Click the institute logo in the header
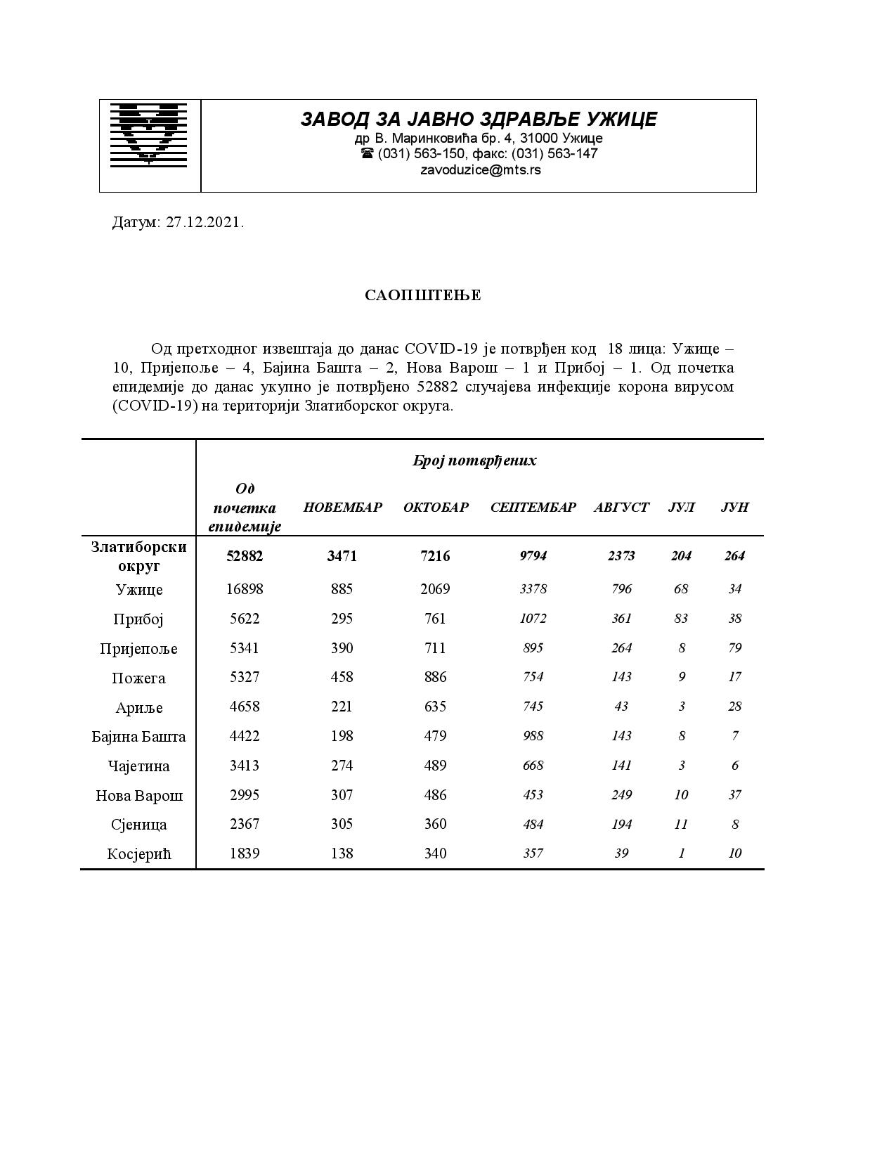coord(149,134)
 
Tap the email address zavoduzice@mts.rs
coord(480,170)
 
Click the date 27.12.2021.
coord(204,223)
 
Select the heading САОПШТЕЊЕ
coord(422,295)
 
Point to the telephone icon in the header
coord(367,153)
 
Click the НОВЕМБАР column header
coord(342,508)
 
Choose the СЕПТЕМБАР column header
coord(533,508)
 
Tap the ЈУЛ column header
coord(681,508)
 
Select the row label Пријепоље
coord(139,649)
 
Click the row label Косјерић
coord(139,854)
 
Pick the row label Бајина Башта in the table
coord(139,737)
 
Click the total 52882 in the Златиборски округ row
coord(245,556)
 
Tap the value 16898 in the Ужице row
coord(245,589)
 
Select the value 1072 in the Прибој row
coord(533,619)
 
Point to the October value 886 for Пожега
coord(436,677)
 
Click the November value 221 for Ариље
coord(342,707)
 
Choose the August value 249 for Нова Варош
coord(621,795)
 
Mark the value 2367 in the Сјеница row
coord(245,824)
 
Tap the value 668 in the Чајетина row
coord(533,766)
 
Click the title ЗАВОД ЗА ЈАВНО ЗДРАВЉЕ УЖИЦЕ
coord(479,120)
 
